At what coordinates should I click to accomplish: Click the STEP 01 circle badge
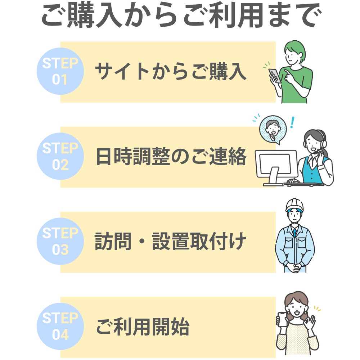60,71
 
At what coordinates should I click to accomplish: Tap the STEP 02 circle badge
60,156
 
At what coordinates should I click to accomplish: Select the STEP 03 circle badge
60,241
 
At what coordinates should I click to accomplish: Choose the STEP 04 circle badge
60,327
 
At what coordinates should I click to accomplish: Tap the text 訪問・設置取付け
170,242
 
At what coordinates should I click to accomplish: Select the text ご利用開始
143,327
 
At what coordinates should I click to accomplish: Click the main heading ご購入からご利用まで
180,16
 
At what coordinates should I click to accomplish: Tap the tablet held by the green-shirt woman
275,75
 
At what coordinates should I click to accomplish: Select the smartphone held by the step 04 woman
283,320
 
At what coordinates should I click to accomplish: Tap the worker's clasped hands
294,267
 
